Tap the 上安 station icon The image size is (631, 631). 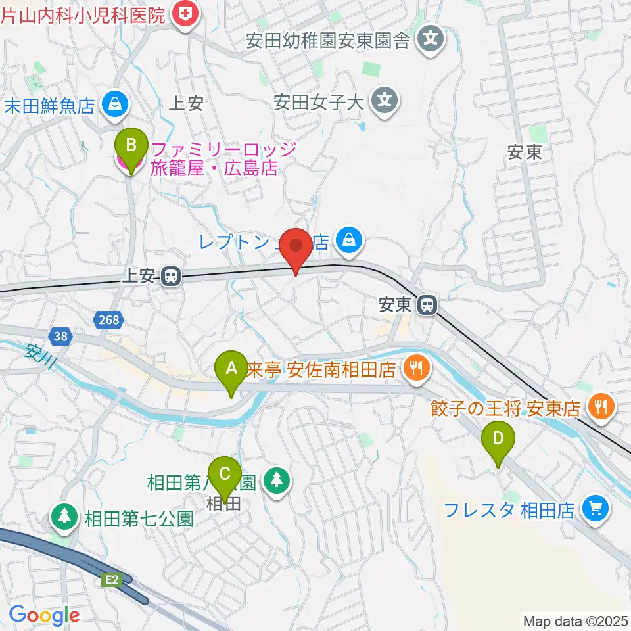pos(171,277)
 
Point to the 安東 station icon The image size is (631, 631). pos(427,304)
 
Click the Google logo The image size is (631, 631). pos(44,615)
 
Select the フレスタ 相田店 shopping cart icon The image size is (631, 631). pos(597,509)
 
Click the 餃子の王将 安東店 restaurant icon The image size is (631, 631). pos(601,408)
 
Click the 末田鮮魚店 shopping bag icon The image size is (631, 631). pos(116,105)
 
